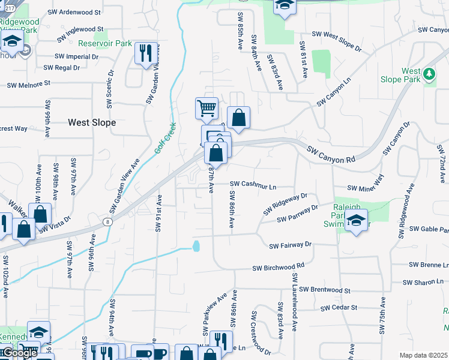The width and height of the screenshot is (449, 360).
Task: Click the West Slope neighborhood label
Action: coord(92,122)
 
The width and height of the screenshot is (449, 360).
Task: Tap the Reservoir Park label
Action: coord(105,43)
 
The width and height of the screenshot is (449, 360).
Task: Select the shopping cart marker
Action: coord(206,109)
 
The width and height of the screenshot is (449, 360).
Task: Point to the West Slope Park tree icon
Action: coord(429,73)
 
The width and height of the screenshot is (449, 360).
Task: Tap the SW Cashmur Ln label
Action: coord(253,185)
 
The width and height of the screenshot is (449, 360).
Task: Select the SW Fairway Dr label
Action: coord(291,245)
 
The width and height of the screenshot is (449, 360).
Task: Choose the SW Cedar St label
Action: coord(339,308)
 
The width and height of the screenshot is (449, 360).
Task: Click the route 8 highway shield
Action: coord(107,222)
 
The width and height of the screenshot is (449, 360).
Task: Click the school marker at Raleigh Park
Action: coord(356,220)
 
